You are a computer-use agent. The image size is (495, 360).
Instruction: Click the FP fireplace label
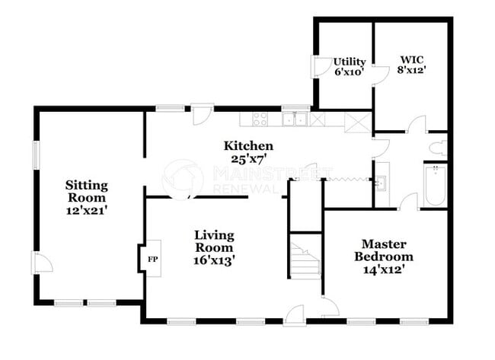[150, 259]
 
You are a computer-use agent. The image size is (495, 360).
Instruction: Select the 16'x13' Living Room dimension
[214, 260]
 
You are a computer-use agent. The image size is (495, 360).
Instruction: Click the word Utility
[350, 62]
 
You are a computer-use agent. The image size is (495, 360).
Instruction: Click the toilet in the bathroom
[438, 147]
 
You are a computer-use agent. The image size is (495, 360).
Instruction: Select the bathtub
[435, 184]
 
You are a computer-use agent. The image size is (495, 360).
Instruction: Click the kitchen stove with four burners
[260, 119]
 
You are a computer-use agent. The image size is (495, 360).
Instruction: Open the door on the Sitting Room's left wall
[41, 263]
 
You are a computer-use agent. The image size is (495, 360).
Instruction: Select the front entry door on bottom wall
[295, 314]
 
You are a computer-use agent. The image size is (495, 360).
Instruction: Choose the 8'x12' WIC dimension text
[411, 70]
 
